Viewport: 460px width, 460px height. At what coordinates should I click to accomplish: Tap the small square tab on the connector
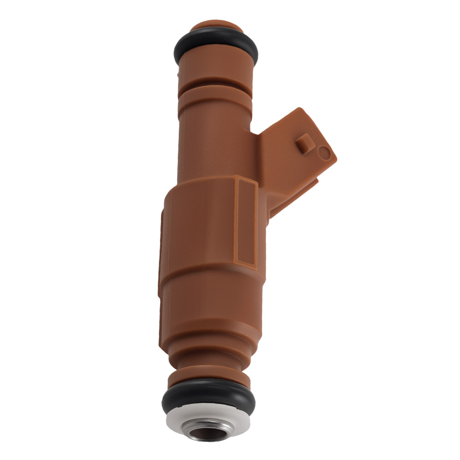tap(304, 142)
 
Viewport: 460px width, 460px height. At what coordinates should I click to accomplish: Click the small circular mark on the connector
tap(324, 152)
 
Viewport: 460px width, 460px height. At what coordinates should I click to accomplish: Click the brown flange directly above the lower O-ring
tap(209, 377)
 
